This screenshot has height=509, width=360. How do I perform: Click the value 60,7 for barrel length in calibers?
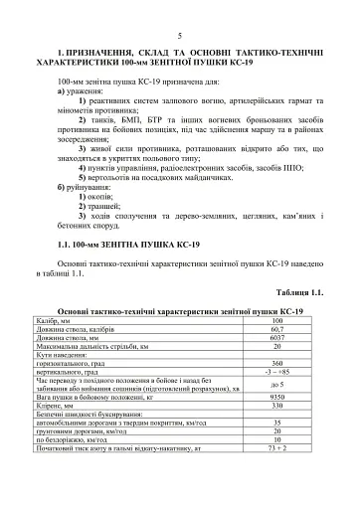276,329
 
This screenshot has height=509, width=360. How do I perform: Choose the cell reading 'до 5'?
276,385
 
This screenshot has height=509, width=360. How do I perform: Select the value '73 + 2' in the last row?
276,449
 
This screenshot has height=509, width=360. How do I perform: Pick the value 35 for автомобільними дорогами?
276,424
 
